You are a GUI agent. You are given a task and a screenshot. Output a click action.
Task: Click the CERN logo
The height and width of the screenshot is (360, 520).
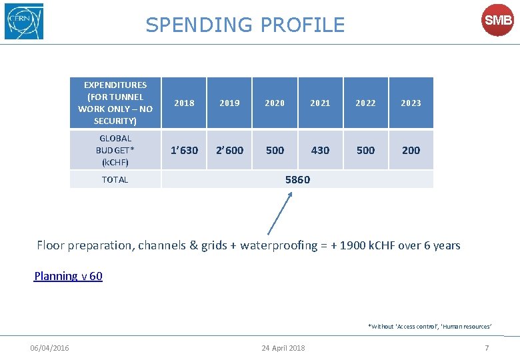(24, 21)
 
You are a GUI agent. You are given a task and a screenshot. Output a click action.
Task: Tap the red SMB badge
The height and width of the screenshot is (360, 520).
(497, 21)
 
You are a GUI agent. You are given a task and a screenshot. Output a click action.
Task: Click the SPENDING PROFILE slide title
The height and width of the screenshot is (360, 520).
(245, 25)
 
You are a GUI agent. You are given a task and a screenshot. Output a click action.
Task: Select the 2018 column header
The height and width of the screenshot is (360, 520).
(184, 103)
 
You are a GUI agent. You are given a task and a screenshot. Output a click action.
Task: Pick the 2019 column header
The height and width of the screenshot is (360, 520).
(229, 103)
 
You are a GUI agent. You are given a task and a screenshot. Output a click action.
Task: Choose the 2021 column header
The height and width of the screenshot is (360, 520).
(320, 103)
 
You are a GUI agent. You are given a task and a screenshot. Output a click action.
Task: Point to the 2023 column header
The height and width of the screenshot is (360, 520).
(411, 103)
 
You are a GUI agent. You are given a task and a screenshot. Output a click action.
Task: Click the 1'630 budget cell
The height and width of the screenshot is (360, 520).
(184, 150)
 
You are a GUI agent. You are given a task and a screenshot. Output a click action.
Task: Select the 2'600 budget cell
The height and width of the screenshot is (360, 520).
(229, 150)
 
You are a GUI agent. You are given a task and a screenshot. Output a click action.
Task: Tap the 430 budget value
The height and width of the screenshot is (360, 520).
(320, 150)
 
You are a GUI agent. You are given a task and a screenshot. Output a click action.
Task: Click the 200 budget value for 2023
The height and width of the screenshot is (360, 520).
(411, 150)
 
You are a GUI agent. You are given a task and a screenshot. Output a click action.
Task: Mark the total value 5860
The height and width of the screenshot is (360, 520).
(297, 179)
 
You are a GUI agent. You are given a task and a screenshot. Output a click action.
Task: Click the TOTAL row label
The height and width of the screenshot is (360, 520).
(115, 179)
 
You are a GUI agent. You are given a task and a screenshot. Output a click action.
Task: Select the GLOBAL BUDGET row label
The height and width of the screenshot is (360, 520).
(115, 150)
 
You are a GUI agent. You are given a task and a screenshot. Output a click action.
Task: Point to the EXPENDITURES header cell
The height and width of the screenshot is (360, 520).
(115, 103)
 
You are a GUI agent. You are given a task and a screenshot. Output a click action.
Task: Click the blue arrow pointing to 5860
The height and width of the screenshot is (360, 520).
(279, 213)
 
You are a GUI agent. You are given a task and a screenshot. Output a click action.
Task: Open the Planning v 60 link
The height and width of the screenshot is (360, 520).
(68, 276)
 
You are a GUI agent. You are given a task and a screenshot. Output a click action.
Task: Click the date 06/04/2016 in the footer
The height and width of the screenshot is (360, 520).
(49, 348)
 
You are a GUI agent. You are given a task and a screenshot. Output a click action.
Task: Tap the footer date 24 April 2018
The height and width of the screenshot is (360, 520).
(283, 348)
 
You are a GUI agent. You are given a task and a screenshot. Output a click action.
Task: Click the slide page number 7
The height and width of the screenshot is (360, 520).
(487, 348)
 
